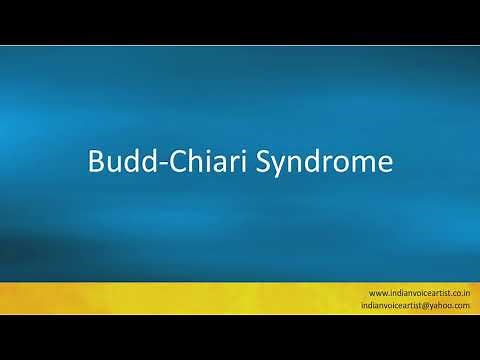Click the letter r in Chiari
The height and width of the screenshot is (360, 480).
pyautogui.click(x=224, y=164)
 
